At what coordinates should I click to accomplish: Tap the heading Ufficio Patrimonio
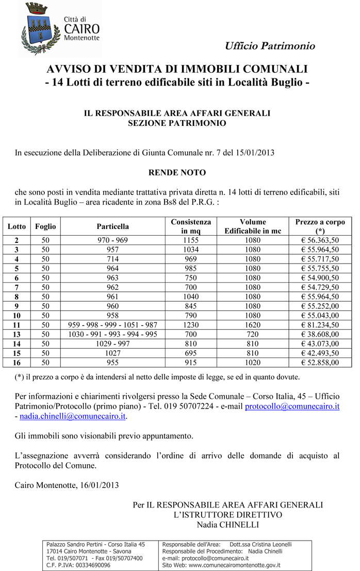click(x=269, y=46)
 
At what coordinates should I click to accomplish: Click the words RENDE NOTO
click(x=177, y=172)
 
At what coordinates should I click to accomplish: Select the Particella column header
click(x=112, y=226)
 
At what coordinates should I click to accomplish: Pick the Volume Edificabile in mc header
click(x=253, y=226)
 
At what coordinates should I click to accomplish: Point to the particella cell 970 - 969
click(x=112, y=240)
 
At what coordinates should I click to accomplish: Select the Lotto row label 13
click(x=17, y=334)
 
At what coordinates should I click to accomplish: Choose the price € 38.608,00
click(x=320, y=334)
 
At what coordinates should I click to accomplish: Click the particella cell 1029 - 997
click(x=112, y=344)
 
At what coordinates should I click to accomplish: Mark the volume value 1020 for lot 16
click(x=253, y=363)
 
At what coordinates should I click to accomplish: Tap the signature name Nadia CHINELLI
click(x=227, y=525)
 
